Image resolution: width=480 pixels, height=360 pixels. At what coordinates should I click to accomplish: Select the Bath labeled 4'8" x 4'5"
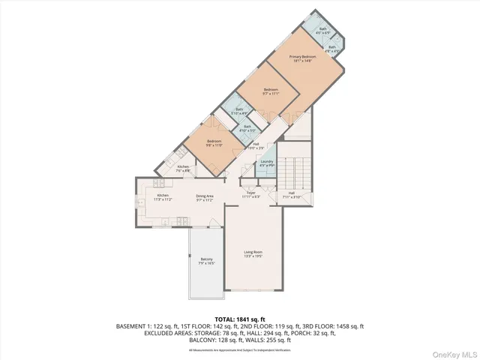click(x=331, y=48)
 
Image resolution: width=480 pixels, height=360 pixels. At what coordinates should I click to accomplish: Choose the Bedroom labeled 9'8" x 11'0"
click(x=214, y=142)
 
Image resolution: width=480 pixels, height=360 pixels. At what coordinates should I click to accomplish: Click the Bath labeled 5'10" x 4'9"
click(x=240, y=111)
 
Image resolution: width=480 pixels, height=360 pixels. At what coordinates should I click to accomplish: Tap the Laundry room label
click(x=265, y=163)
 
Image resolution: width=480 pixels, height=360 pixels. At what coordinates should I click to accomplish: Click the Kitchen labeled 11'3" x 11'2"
click(x=163, y=198)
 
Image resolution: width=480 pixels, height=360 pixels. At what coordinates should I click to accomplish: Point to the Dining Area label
click(x=205, y=198)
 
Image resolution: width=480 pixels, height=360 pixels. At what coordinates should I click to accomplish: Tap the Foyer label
click(x=251, y=194)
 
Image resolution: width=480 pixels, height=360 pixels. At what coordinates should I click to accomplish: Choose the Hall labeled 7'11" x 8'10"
click(x=292, y=194)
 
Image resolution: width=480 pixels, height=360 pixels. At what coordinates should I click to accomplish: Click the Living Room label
click(x=253, y=253)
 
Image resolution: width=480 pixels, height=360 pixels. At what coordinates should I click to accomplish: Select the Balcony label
click(x=206, y=261)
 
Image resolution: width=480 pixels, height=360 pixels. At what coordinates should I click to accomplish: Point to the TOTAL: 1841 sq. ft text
click(x=239, y=319)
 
